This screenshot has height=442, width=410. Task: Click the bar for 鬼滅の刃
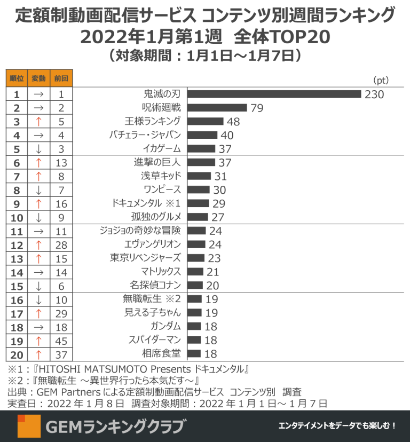(x=274, y=94)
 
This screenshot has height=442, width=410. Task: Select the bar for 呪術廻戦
(x=217, y=108)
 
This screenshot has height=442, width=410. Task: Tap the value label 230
(x=374, y=94)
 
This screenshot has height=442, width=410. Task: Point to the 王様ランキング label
(x=153, y=121)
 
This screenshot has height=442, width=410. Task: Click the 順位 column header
(x=17, y=78)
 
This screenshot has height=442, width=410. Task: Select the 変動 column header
(x=38, y=78)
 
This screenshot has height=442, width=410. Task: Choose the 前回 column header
(x=61, y=78)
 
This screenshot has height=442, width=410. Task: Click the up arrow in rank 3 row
(x=38, y=122)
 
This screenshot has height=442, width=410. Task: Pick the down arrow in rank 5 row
(x=38, y=149)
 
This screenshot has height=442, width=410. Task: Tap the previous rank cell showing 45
(x=61, y=341)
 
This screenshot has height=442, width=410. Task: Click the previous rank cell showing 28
(x=61, y=245)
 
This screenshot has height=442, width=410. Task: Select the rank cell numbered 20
(x=17, y=355)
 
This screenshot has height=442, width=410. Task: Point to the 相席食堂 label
(x=161, y=353)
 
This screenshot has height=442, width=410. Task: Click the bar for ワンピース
(x=199, y=190)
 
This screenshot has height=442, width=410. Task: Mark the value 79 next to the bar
(x=257, y=108)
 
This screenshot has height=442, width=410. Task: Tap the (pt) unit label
(x=381, y=80)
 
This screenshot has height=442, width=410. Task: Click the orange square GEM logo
(x=29, y=426)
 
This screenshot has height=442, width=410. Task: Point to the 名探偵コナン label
(x=155, y=285)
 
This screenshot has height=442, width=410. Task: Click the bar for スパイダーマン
(x=194, y=340)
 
